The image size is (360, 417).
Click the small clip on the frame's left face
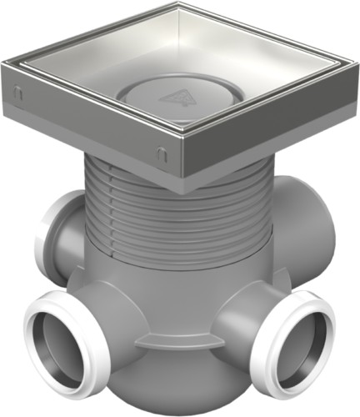17,95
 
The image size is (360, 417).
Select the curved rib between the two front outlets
179,342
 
